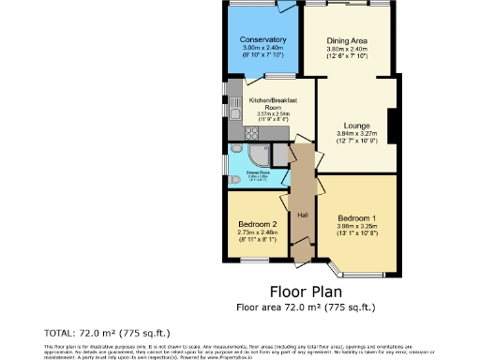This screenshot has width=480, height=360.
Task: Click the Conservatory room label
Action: point(262,39)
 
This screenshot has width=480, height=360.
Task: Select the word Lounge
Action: point(356,126)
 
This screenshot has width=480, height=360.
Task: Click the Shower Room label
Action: point(259,172)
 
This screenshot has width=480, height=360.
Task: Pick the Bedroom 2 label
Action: point(256,225)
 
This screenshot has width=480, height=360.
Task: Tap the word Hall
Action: point(303,215)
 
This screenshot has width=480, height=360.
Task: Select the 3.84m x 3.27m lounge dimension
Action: point(356,134)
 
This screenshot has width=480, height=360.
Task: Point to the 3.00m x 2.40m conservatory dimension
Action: point(262,48)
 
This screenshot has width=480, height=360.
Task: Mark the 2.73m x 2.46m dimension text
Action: point(256,232)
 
